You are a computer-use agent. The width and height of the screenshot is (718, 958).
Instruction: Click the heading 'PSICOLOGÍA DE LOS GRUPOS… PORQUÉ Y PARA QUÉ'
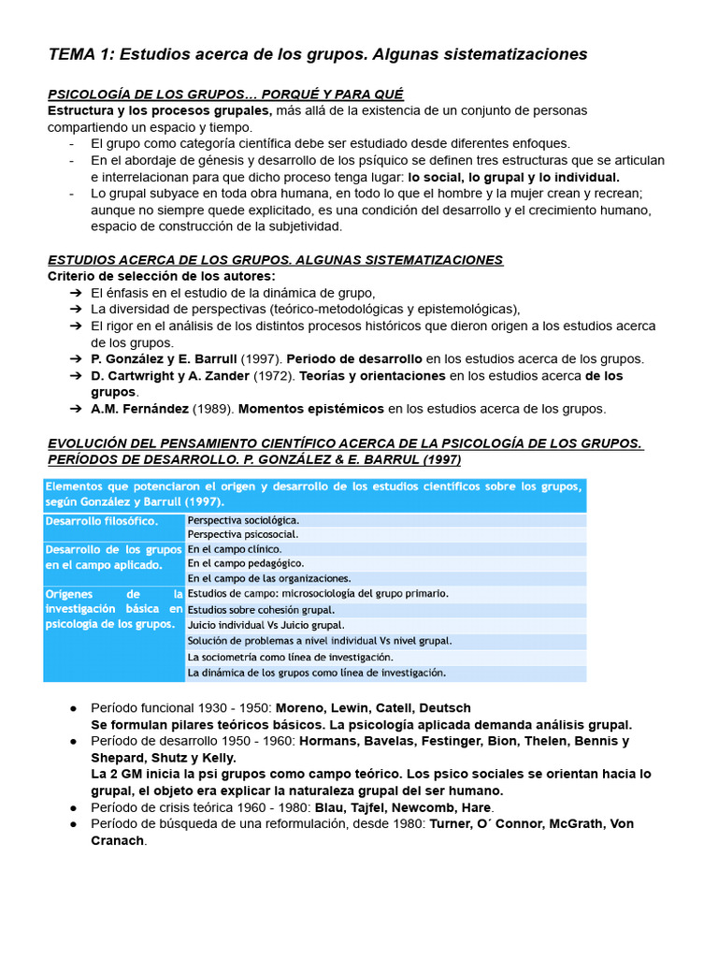pos(225,94)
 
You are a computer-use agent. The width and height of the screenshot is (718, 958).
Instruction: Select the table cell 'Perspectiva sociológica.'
pos(243,519)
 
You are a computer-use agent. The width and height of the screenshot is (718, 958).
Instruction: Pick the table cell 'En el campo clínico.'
pos(234,549)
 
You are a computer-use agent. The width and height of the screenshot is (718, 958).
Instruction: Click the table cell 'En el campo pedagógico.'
pos(245,564)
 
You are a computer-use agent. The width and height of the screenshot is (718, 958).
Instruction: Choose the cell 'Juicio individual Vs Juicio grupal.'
pos(266,625)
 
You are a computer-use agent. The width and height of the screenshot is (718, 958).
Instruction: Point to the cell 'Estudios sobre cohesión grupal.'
pos(261,610)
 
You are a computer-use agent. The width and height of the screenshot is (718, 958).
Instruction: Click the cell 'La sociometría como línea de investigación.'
pos(290,657)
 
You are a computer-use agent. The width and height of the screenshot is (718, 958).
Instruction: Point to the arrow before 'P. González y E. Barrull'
pos(76,359)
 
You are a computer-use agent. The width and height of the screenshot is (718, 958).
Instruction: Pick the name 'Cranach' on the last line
pos(117,840)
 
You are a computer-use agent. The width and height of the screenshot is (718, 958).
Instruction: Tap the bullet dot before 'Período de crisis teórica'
pos(73,807)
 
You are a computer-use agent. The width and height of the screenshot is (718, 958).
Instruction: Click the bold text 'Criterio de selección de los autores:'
pos(162,276)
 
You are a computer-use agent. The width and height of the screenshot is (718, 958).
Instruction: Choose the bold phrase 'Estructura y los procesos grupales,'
pos(160,110)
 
